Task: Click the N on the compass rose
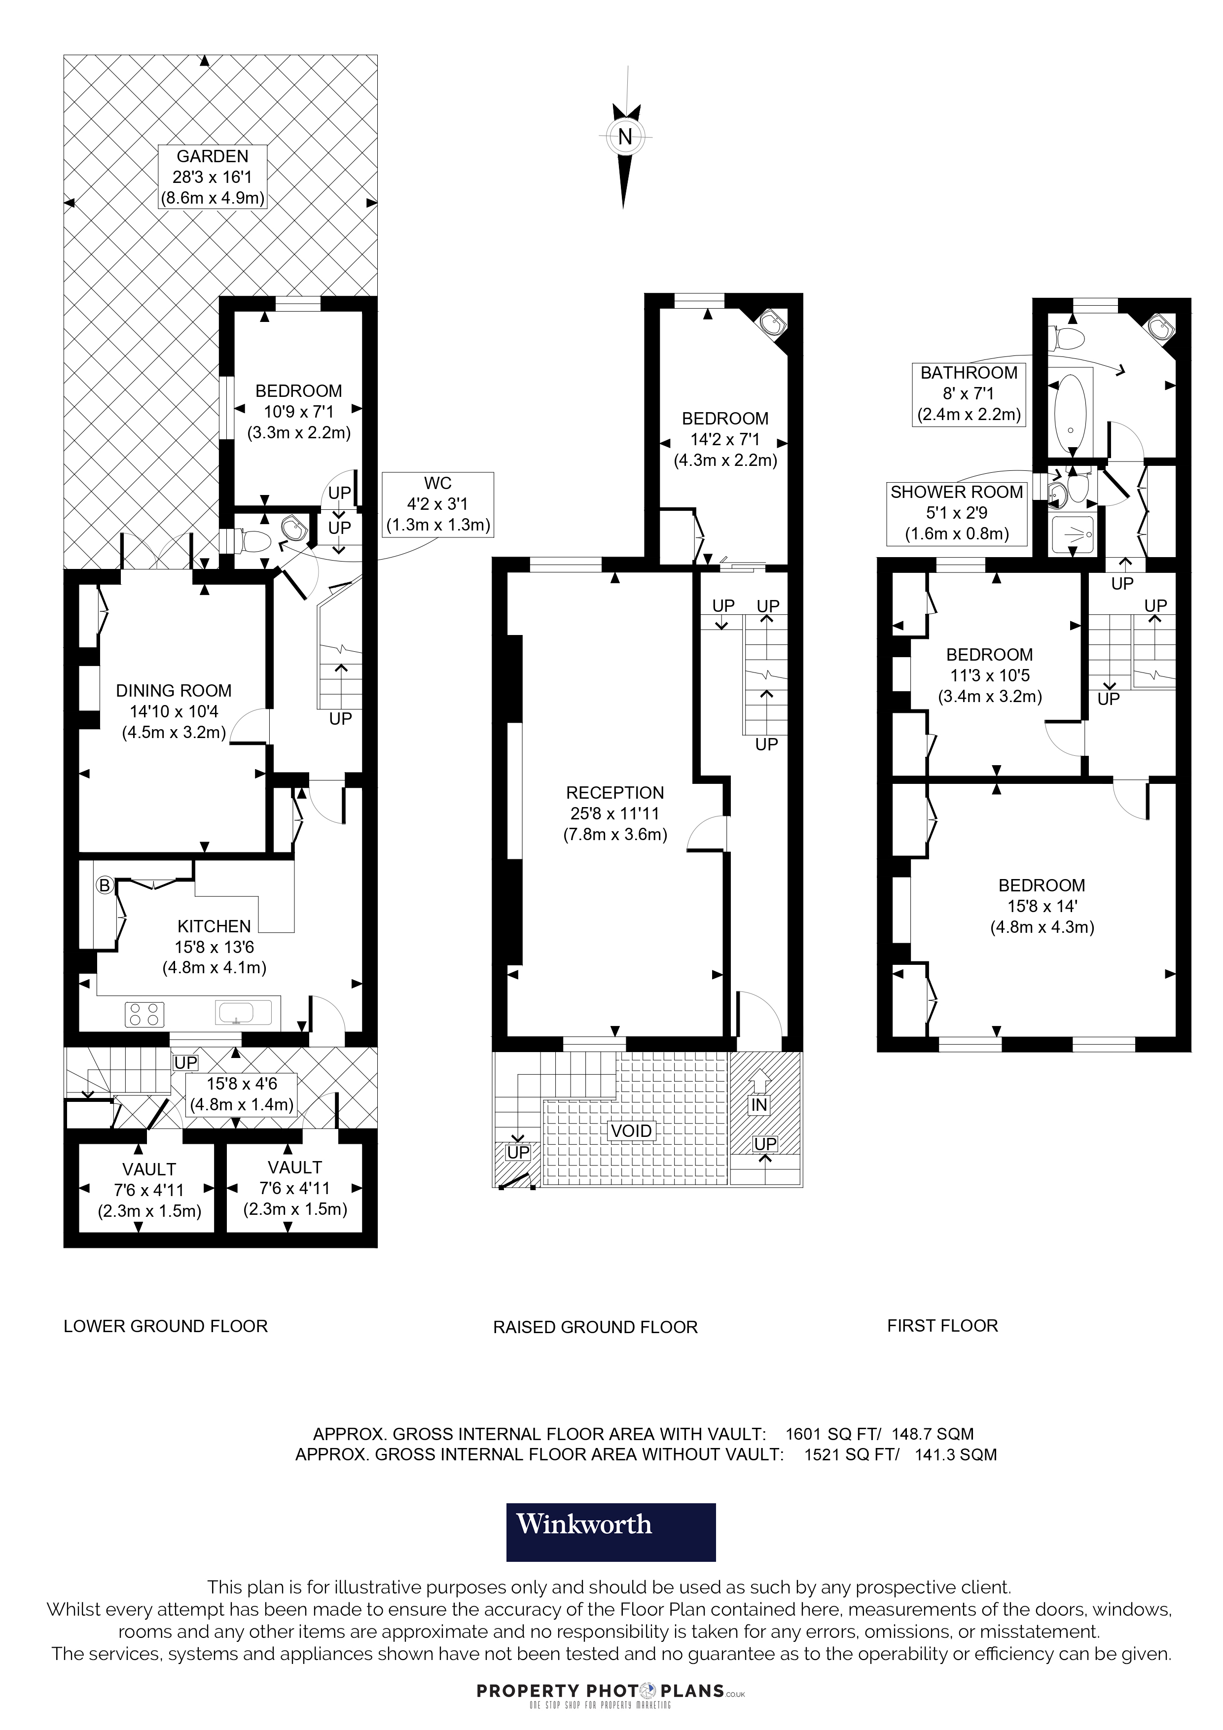[625, 137]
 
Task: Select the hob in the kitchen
[144, 1014]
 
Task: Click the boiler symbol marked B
[105, 885]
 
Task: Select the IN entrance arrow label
[759, 1105]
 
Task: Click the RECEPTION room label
[615, 793]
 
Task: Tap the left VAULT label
[149, 1169]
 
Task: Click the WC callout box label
[438, 483]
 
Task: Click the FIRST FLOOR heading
[943, 1325]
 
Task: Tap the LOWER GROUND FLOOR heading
[166, 1326]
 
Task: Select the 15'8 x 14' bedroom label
[1042, 907]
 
